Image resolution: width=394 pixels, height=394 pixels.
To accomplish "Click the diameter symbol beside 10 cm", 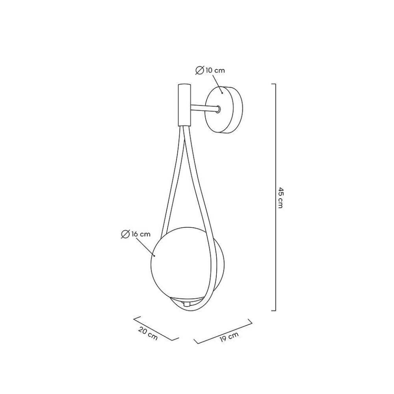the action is tap(199, 71).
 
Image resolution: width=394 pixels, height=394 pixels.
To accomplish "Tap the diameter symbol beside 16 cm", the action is tap(125, 234).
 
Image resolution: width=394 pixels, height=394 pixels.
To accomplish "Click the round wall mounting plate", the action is tap(224, 110).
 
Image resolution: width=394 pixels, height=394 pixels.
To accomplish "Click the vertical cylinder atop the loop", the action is tap(184, 105).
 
